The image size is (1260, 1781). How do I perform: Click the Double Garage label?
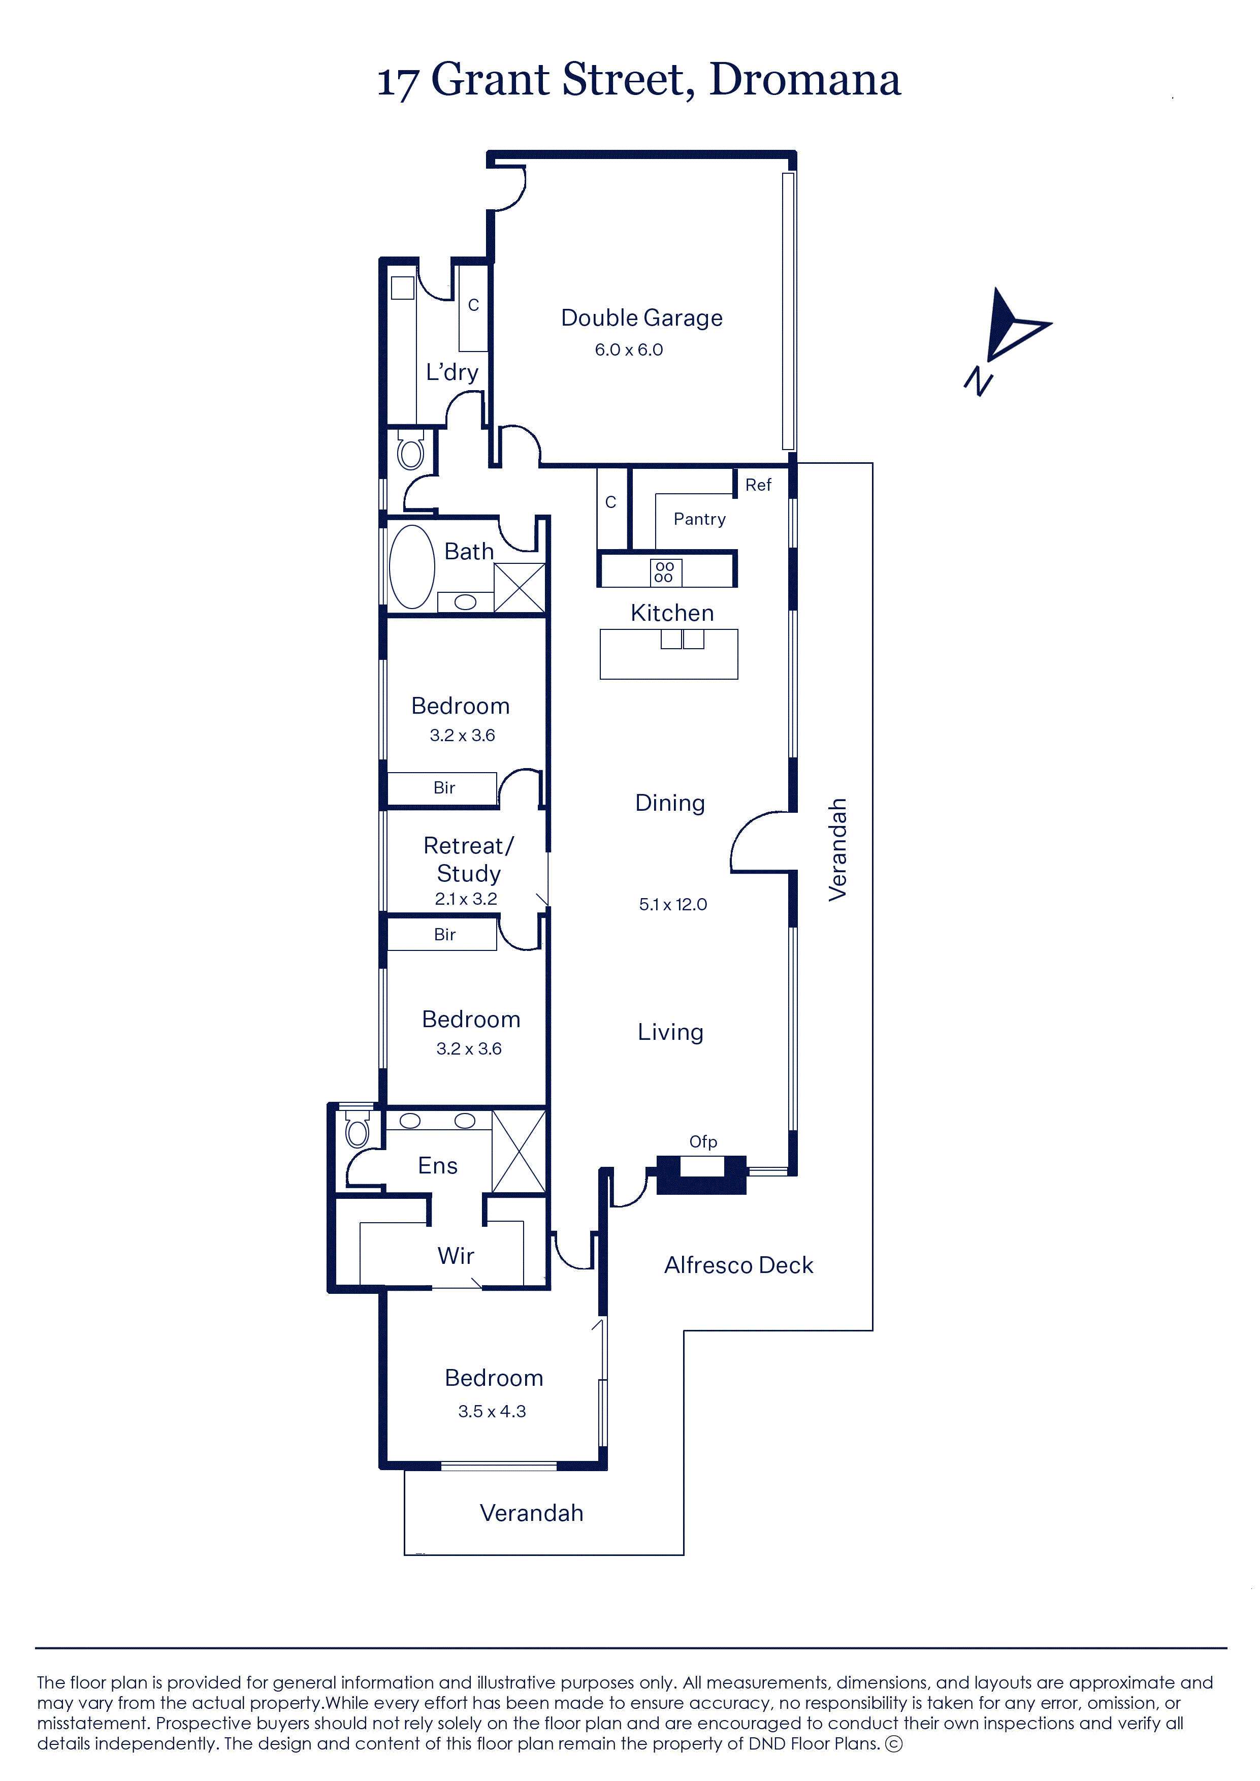pyautogui.click(x=641, y=318)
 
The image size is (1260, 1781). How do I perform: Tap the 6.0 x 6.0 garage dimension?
pyautogui.click(x=628, y=350)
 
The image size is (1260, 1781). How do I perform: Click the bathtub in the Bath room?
pyautogui.click(x=411, y=566)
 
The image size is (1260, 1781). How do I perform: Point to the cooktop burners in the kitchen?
pyautogui.click(x=665, y=572)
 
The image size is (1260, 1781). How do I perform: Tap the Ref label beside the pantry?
pyautogui.click(x=758, y=485)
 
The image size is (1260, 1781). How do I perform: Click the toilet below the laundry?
pyautogui.click(x=410, y=450)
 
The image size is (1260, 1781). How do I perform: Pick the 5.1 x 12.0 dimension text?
pyautogui.click(x=673, y=904)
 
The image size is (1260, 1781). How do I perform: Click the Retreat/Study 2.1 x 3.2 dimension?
pyautogui.click(x=466, y=899)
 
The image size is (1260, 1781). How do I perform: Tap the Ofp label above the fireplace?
pyautogui.click(x=703, y=1141)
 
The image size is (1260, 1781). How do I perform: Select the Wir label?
pyautogui.click(x=456, y=1256)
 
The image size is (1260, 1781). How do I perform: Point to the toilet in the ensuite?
pyautogui.click(x=357, y=1129)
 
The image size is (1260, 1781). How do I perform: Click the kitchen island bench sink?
pyautogui.click(x=682, y=639)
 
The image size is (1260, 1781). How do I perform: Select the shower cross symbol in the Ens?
pyautogui.click(x=519, y=1152)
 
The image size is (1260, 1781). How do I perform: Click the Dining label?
pyautogui.click(x=669, y=803)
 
